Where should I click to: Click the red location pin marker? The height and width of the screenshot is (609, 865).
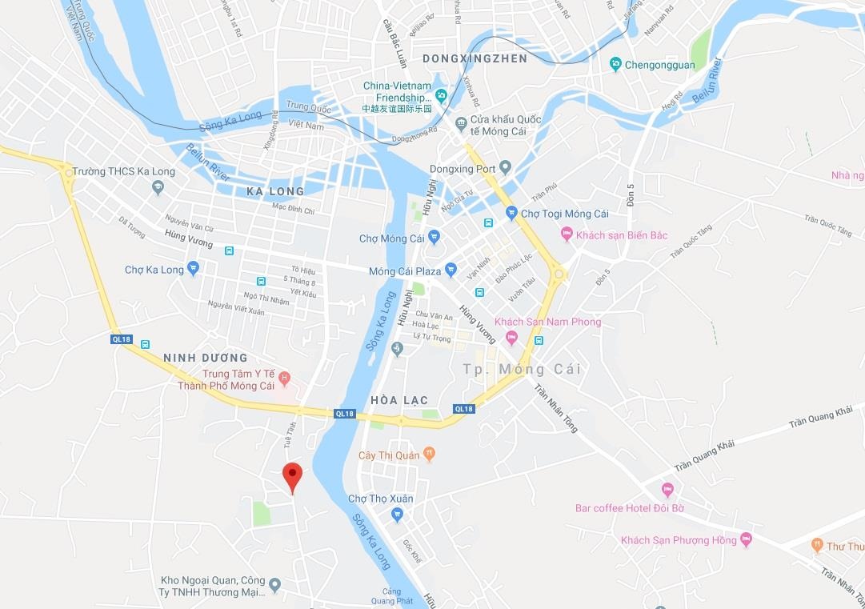click(293, 476)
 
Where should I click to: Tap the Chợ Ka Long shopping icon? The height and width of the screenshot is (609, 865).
click(193, 268)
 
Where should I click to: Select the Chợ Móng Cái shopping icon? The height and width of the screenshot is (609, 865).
click(434, 237)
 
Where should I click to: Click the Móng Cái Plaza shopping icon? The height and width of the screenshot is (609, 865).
click(451, 270)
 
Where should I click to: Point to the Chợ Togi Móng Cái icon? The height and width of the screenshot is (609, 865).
click(511, 213)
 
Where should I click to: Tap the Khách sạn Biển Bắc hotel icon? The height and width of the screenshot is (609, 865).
click(567, 234)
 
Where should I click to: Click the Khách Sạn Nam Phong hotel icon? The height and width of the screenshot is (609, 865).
click(511, 337)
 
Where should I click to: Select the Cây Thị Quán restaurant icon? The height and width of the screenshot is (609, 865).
click(429, 454)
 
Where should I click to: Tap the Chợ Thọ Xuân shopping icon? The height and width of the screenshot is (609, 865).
click(397, 515)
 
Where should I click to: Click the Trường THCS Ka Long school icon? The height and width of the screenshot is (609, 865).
click(158, 187)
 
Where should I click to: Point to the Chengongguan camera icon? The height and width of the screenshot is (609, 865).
click(615, 64)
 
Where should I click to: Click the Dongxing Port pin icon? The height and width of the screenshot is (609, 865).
click(505, 168)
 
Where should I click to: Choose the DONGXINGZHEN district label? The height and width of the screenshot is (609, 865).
click(475, 58)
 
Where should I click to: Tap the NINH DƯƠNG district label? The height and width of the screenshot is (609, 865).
click(205, 357)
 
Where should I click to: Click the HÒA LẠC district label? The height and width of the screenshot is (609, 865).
click(399, 399)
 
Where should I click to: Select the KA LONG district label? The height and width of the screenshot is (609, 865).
click(275, 191)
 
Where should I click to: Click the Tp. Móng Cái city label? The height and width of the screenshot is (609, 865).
click(522, 369)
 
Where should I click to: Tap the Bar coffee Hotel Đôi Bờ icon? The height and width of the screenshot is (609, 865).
click(667, 490)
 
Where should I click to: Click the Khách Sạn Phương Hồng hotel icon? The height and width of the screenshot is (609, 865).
click(746, 539)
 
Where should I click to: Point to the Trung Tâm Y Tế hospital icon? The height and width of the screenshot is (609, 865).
click(283, 377)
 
